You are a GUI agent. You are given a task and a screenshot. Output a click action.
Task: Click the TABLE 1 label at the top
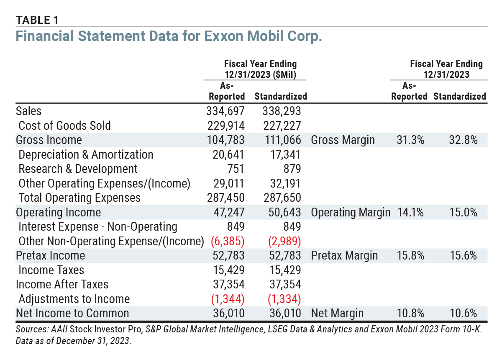coord(37,20)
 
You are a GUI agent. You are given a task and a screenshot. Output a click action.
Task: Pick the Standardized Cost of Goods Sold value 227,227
coord(282,126)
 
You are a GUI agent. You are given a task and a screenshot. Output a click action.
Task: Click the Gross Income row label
coord(49,140)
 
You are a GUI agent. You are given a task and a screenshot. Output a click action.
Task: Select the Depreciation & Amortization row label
coord(86,154)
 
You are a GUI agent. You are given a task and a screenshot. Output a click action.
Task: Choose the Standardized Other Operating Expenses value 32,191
coord(284,183)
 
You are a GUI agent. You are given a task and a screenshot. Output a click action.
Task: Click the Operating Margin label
coord(350,212)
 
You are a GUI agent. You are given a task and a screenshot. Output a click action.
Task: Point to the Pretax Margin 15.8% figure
coord(410,255)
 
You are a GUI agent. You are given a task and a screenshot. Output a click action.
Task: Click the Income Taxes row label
coord(51,270)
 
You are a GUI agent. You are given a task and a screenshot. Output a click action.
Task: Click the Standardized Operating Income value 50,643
coord(284,212)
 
